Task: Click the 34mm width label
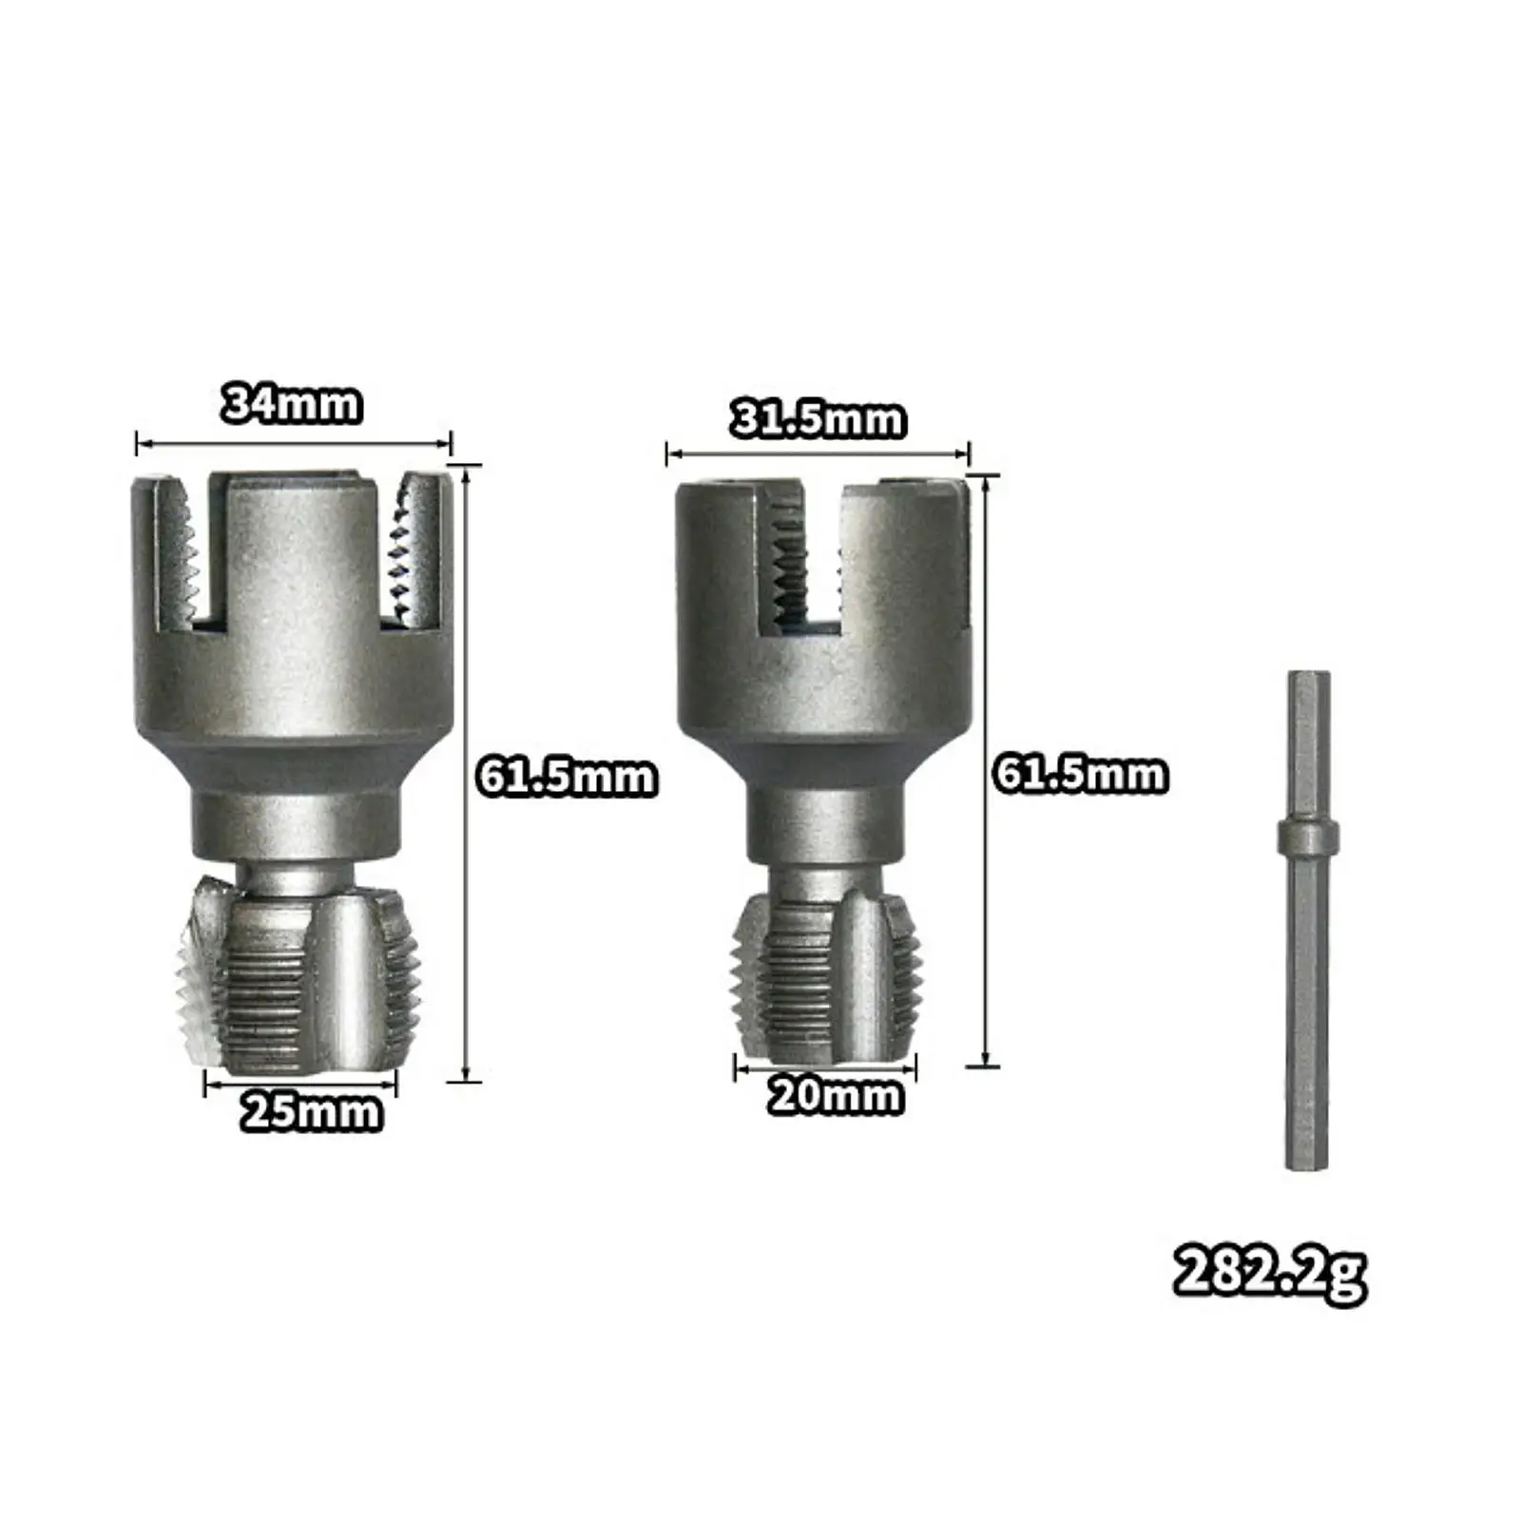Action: click(292, 404)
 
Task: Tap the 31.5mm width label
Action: click(818, 419)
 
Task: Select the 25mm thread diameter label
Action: click(311, 1111)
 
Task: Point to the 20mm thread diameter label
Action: click(835, 1096)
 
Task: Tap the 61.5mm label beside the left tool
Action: click(567, 777)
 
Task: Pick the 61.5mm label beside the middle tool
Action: click(1080, 774)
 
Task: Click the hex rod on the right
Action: click(1307, 998)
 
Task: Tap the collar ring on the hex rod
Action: click(1307, 838)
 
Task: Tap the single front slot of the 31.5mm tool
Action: click(799, 561)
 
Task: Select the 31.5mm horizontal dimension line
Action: click(818, 453)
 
